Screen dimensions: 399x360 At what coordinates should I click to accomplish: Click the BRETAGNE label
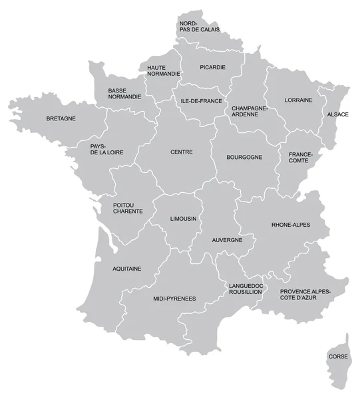click(61, 119)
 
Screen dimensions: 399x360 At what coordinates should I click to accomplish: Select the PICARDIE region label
click(212, 67)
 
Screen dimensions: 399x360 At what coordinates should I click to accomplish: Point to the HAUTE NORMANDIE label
click(163, 71)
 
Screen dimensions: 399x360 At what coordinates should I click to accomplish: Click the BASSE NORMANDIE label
click(124, 93)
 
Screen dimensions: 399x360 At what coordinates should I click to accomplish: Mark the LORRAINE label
click(298, 100)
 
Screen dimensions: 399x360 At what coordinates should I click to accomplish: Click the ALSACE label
click(337, 114)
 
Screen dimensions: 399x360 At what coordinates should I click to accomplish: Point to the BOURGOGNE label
click(244, 158)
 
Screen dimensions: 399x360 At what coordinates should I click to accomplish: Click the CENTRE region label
click(181, 152)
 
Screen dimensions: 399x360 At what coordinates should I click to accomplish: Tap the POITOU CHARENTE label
click(128, 207)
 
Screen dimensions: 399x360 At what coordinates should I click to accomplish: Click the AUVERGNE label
click(227, 239)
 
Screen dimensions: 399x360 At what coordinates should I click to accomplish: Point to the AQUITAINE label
click(126, 269)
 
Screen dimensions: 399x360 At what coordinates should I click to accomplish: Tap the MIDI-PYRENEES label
click(174, 299)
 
